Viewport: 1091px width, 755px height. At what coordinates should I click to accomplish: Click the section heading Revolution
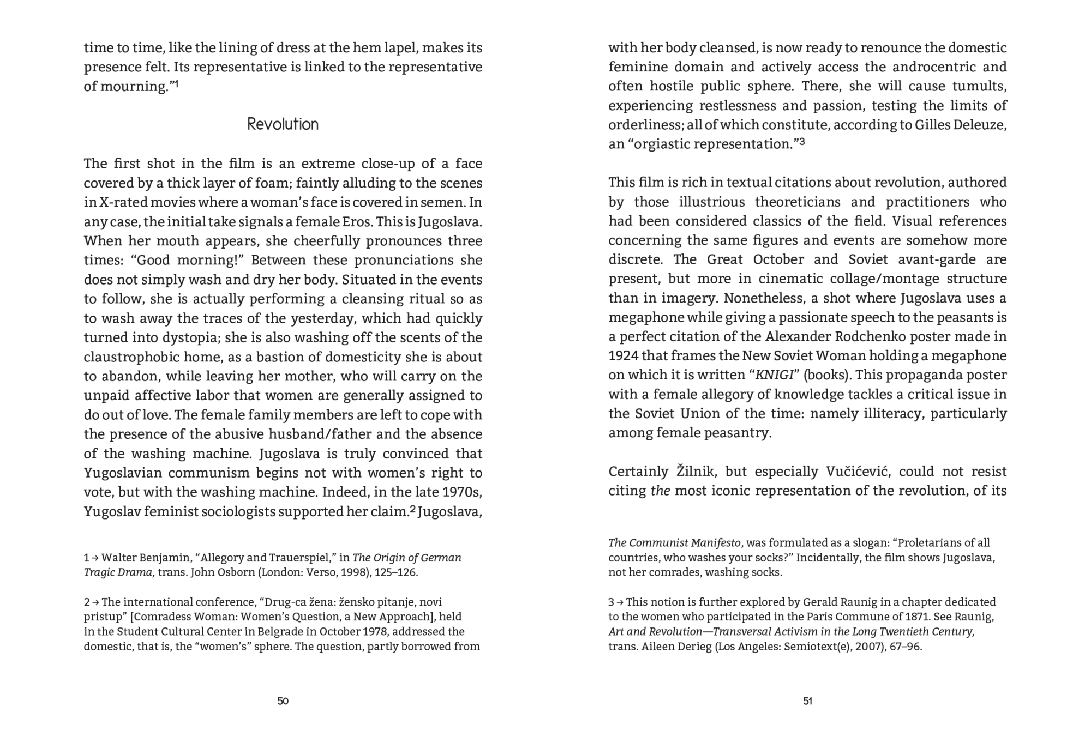283,124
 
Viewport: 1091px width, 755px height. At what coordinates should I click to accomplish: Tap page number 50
283,701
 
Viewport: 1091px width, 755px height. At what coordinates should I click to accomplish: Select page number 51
807,701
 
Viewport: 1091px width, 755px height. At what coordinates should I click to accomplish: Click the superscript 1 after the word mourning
176,83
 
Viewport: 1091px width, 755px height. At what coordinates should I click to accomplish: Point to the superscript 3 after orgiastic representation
802,141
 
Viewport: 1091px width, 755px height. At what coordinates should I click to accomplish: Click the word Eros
358,222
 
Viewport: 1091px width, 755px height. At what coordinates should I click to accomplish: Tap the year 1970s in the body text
462,492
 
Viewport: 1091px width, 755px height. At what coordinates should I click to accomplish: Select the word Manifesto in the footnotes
716,543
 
